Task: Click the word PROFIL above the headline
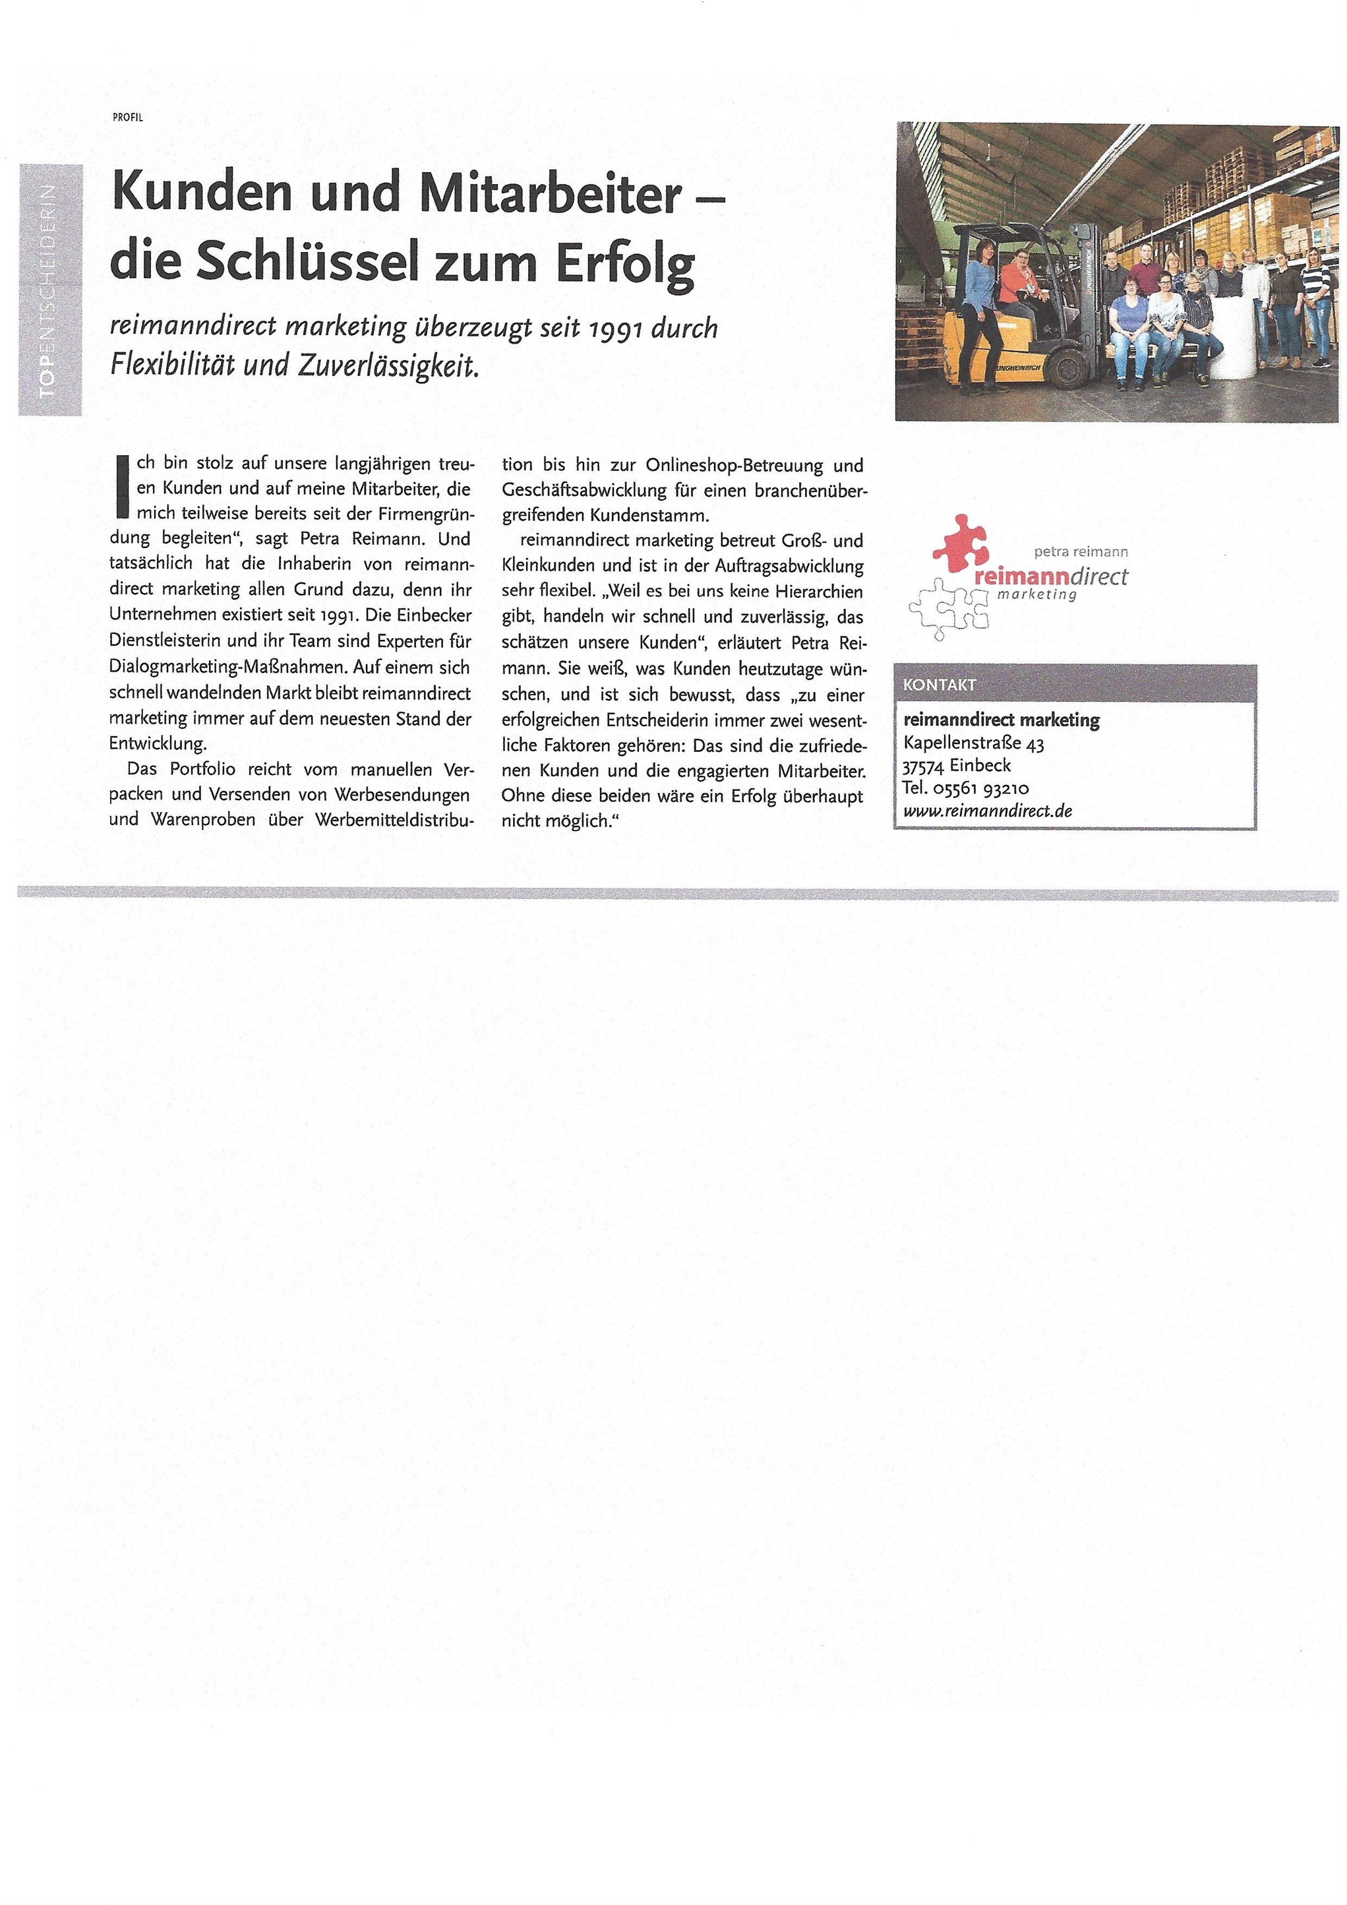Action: [128, 117]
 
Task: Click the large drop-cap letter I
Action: [123, 485]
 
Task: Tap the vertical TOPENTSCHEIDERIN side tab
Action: [51, 290]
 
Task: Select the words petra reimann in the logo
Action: [1081, 551]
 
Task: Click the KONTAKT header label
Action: [940, 685]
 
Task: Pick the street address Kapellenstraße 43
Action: [974, 743]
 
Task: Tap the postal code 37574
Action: [923, 766]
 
